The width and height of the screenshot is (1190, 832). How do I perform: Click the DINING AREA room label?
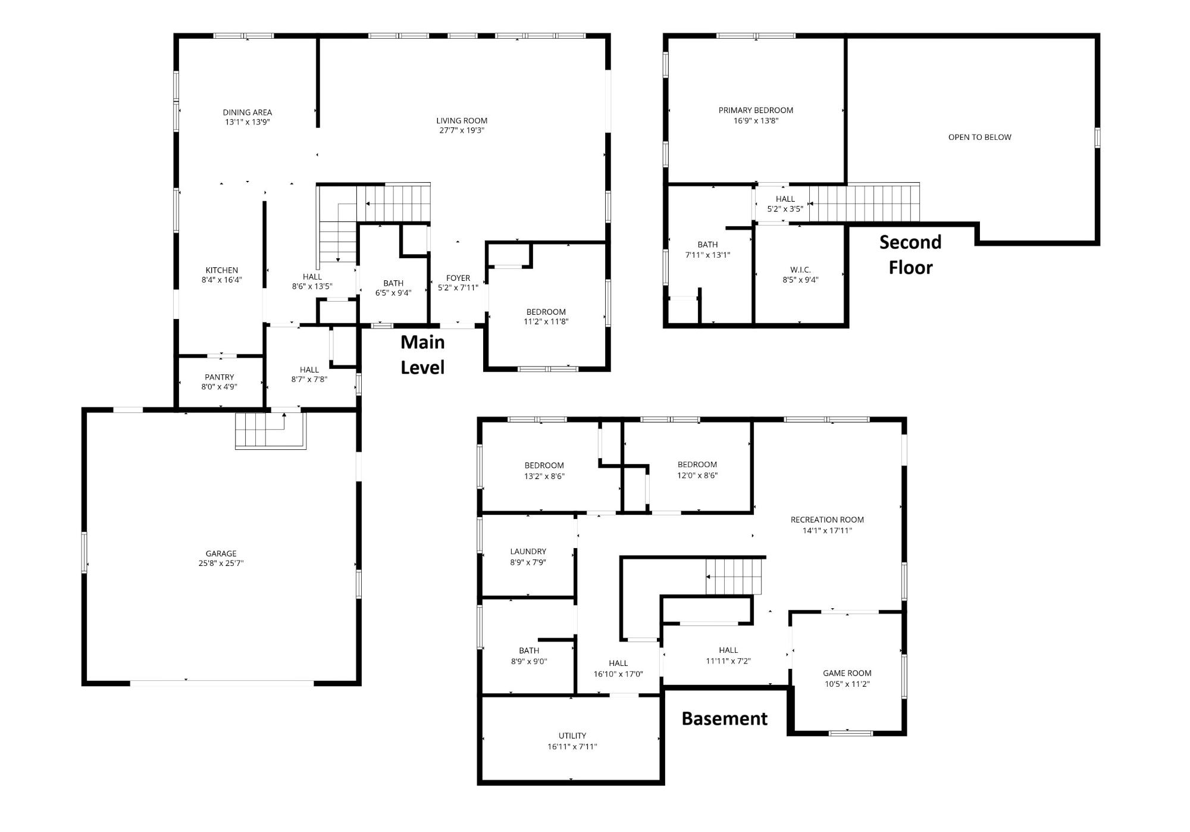click(248, 112)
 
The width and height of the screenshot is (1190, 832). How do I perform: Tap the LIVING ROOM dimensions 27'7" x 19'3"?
click(462, 130)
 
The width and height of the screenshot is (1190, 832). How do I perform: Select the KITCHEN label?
click(222, 270)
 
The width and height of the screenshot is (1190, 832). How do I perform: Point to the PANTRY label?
click(220, 377)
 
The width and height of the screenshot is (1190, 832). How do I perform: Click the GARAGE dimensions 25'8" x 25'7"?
click(221, 563)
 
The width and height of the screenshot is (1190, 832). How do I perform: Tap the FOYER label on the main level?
click(458, 278)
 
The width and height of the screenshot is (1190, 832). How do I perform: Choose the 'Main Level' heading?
click(422, 355)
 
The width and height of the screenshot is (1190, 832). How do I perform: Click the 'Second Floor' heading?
click(910, 255)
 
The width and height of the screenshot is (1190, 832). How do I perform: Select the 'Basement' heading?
click(724, 719)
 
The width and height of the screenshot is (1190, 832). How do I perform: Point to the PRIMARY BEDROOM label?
click(756, 110)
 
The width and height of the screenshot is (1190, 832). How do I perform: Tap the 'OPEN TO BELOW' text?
click(980, 137)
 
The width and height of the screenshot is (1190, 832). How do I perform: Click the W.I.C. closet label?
click(800, 270)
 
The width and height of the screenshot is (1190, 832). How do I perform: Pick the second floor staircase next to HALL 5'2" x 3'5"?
click(864, 204)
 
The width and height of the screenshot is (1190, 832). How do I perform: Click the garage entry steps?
click(270, 430)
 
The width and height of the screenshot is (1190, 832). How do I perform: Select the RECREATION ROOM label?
click(827, 520)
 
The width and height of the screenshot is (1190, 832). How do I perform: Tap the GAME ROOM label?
click(847, 673)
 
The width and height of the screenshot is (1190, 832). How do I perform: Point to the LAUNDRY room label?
click(528, 552)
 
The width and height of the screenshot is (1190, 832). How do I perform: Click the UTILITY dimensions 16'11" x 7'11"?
click(572, 747)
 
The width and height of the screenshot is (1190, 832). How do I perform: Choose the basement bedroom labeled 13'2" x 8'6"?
click(544, 470)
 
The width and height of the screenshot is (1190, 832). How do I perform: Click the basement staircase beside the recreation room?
click(734, 577)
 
